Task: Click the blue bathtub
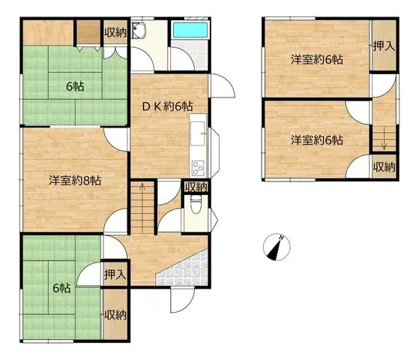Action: point(190,30)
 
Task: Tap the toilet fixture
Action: point(196,205)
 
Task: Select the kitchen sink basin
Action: point(198,133)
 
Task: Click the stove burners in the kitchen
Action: point(198,168)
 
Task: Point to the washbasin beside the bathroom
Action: point(139,30)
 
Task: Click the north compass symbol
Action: point(277,247)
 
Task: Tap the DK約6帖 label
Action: point(167,106)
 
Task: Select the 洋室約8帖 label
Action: point(75,181)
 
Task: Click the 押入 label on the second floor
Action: point(384,46)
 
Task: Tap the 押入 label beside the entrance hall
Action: point(115,274)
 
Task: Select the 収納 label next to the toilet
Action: point(196,187)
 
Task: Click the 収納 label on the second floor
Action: point(384,167)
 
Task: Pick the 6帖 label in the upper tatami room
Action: point(75,86)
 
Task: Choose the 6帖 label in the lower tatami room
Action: point(61,288)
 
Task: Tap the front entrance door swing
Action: point(182,300)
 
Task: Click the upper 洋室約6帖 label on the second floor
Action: point(317,59)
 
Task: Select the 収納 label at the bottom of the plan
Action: point(115,315)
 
